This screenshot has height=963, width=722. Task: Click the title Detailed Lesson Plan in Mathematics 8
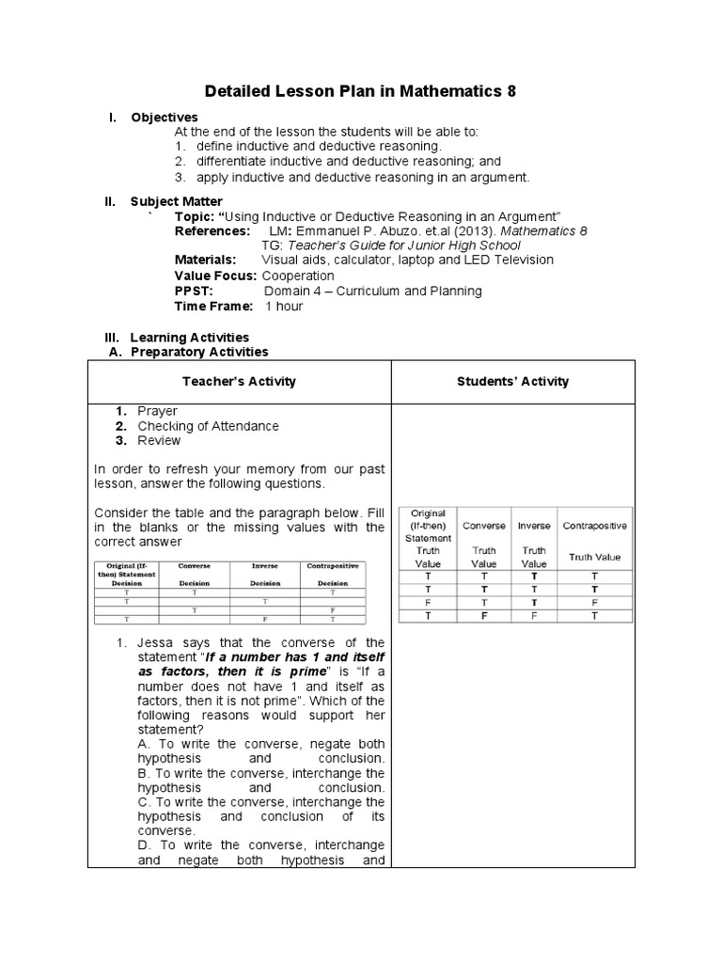(361, 91)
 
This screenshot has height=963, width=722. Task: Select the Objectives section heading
(164, 118)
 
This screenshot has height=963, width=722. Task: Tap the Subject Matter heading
(176, 201)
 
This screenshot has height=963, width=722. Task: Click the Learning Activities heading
(189, 337)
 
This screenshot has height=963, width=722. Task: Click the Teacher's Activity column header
(238, 382)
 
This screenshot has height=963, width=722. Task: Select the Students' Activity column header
(512, 382)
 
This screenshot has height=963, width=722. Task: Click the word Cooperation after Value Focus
(298, 276)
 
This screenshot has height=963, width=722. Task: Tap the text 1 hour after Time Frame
(284, 307)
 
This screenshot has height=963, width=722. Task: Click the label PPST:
(194, 291)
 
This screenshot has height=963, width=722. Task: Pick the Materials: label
(205, 260)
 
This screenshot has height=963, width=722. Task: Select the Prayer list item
(157, 411)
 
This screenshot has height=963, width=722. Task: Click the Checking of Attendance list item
(208, 426)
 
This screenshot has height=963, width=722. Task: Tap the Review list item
(159, 440)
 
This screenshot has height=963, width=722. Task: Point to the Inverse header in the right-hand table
(534, 526)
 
